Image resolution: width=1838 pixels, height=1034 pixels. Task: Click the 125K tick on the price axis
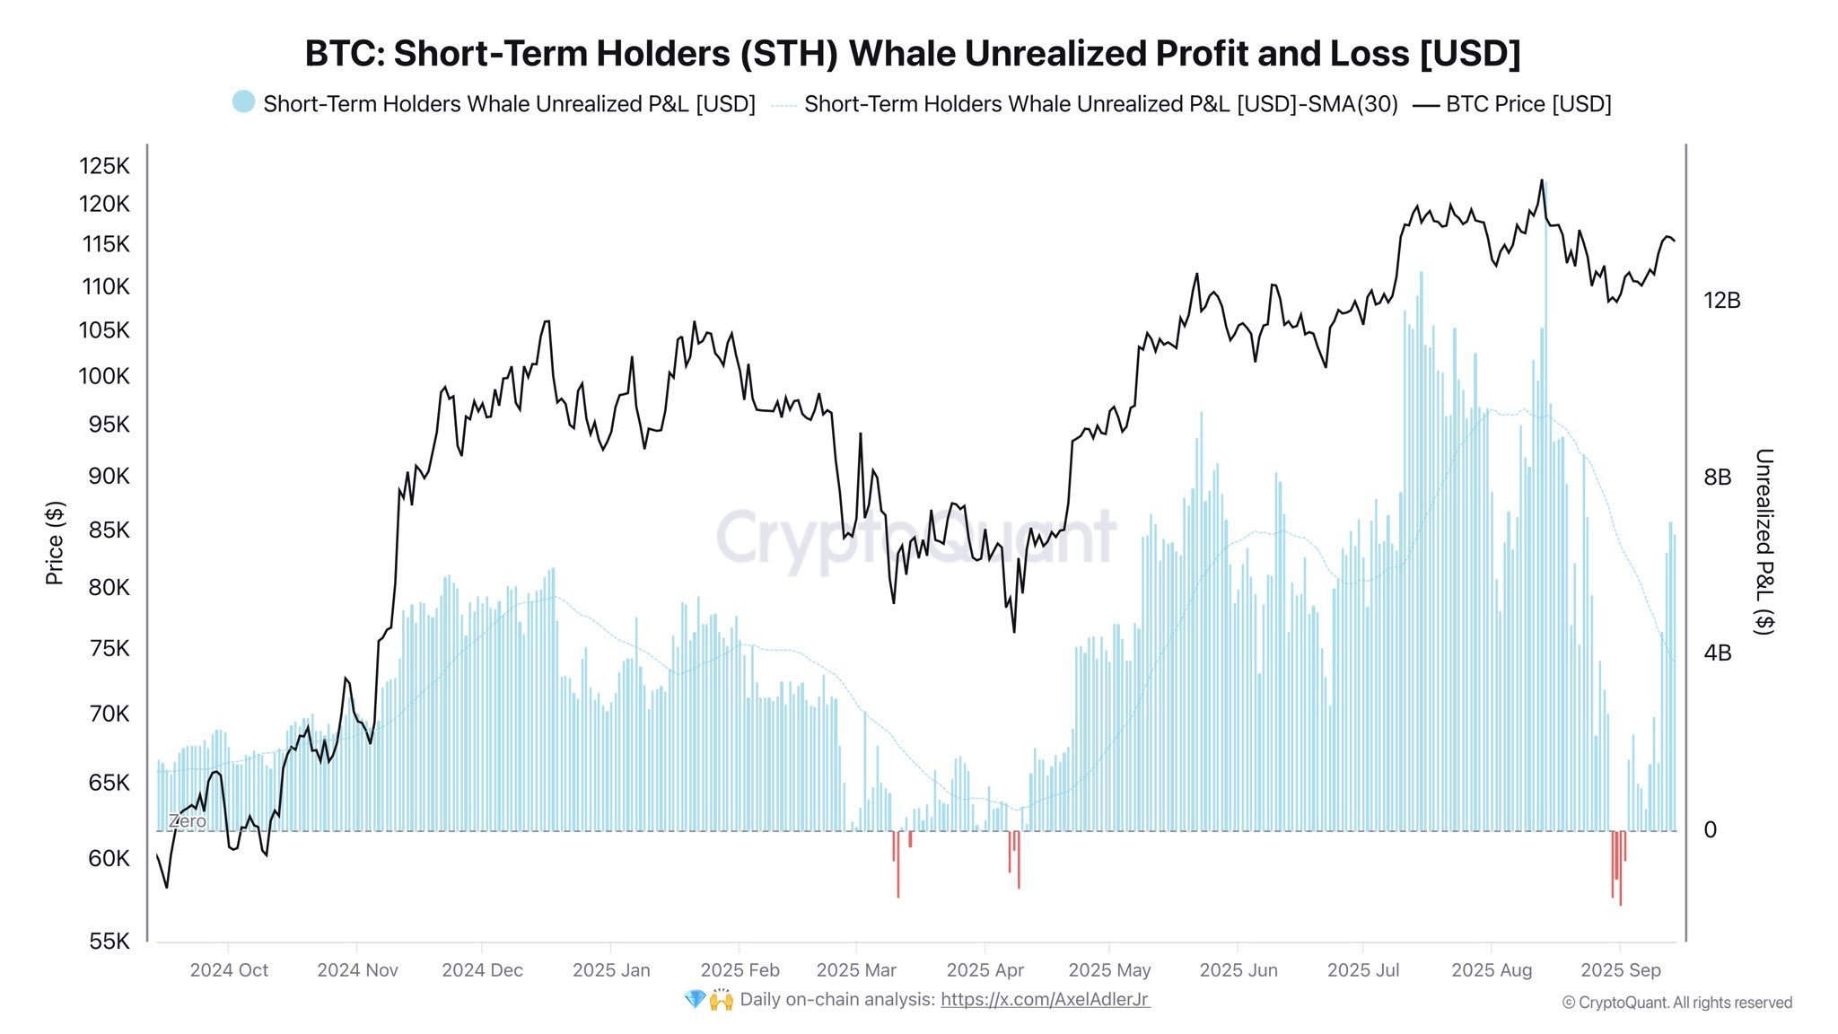104,166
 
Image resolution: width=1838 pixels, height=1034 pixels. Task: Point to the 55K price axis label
109,941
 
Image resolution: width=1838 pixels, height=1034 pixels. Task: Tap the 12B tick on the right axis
1721,301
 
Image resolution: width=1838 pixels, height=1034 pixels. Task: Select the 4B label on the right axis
1717,653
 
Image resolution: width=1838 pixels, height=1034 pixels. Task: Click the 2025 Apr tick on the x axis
985,970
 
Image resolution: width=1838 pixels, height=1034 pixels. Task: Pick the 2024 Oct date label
229,970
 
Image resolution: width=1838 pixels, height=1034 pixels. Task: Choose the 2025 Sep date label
1620,970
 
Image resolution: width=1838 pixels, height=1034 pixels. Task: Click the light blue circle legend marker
243,102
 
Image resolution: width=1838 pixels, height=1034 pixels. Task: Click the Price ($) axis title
55,543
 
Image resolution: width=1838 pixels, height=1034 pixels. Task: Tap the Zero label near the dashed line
187,821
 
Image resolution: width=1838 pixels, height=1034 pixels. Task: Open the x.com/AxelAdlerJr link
1045,999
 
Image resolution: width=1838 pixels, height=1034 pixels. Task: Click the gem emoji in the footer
695,999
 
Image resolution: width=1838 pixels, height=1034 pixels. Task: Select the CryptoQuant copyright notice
1676,1003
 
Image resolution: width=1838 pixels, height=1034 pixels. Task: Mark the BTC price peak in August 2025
1542,180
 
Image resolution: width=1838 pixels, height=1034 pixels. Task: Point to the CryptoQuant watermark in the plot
915,537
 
